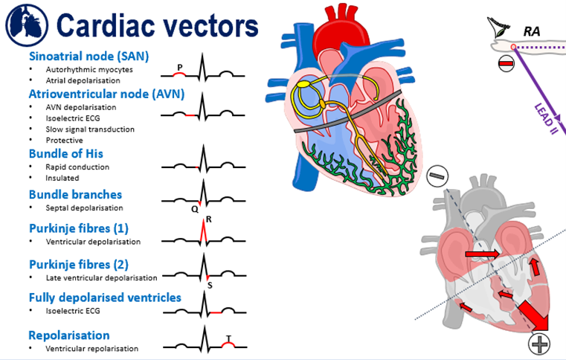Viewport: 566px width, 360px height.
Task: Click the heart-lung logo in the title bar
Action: tap(25, 22)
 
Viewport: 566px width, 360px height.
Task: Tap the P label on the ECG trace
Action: tap(179, 66)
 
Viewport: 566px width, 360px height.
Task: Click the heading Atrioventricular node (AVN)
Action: tap(106, 94)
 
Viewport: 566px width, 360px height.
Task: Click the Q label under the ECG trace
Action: tap(194, 209)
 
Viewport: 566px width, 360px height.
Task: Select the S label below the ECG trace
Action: tap(209, 284)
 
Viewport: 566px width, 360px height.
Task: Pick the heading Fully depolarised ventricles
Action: tap(105, 298)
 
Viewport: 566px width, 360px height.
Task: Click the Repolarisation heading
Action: tap(69, 335)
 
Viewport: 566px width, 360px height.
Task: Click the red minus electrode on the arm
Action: tap(505, 62)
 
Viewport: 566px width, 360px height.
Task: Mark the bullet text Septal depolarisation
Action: tap(84, 208)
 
